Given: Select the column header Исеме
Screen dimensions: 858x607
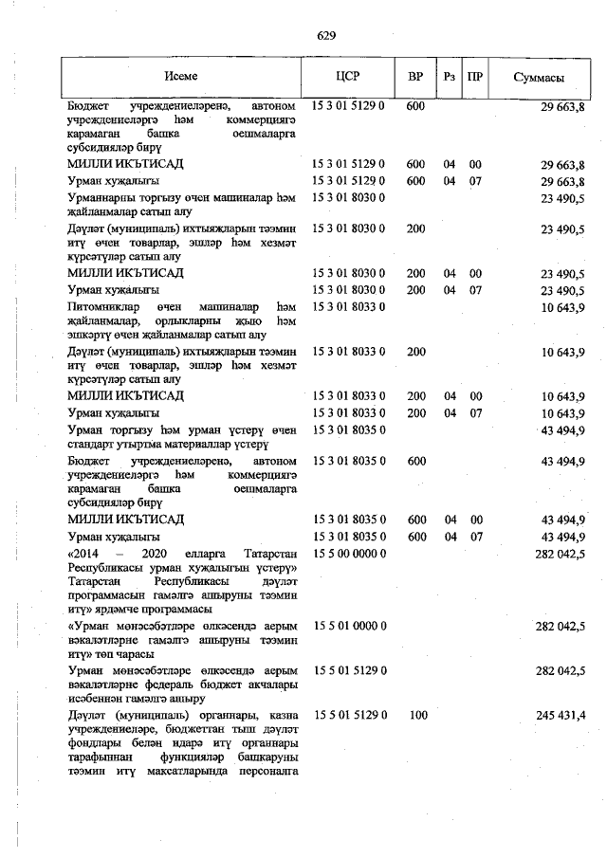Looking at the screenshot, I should click(x=180, y=77).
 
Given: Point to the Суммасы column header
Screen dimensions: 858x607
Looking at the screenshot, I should click(x=540, y=77).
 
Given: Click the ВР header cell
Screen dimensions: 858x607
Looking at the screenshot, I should click(x=415, y=77).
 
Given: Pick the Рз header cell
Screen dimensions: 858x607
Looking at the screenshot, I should click(x=450, y=77).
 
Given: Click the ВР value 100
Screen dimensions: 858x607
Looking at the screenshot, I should click(x=416, y=714).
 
